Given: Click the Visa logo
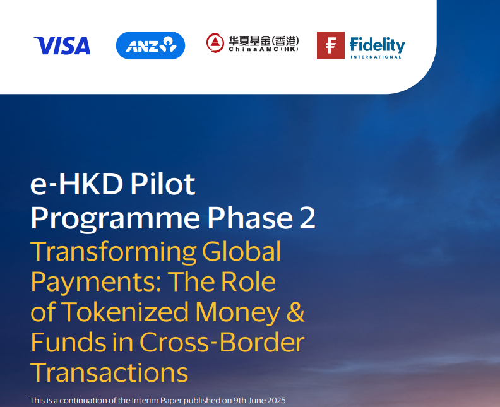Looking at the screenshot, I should [x=62, y=45].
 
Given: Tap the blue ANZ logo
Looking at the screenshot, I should [x=150, y=45].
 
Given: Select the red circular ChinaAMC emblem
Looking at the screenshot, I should [x=215, y=43].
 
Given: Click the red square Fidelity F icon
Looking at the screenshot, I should [x=330, y=45].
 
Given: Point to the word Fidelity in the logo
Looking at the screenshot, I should [x=377, y=44].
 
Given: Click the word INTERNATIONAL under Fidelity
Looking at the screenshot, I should [x=377, y=57].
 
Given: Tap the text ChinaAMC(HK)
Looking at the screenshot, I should [x=263, y=49].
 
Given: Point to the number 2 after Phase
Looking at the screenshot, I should [x=306, y=218].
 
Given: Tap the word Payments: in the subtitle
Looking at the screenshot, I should [x=88, y=281].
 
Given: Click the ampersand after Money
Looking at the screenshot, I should [x=295, y=312].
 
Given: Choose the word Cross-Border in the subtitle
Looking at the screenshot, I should [x=222, y=342].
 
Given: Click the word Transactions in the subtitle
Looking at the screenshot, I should [x=109, y=372].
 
